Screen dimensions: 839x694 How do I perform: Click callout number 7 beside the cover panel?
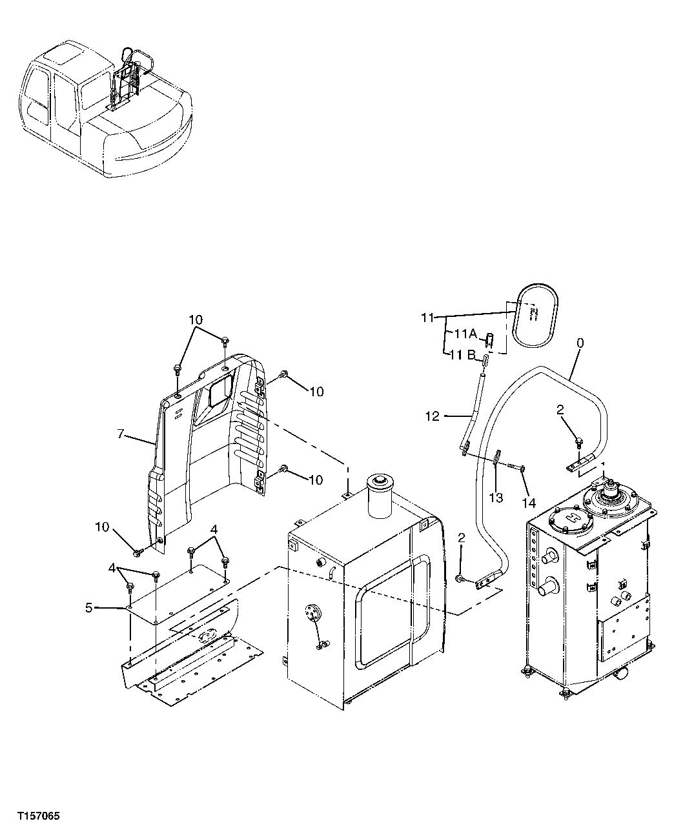(121, 434)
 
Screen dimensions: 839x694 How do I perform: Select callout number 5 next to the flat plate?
(89, 607)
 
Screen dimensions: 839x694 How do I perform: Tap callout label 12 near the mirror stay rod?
(433, 416)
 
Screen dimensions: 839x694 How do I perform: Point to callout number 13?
(496, 499)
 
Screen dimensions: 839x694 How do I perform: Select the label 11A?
(465, 334)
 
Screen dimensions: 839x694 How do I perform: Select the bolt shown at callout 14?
(515, 465)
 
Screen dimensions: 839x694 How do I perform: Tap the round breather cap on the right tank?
(609, 497)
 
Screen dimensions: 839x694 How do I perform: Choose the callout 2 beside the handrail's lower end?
(461, 538)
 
